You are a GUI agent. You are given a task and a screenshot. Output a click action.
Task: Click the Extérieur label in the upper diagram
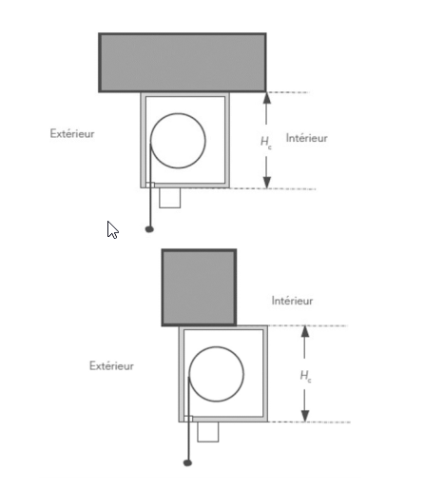72,133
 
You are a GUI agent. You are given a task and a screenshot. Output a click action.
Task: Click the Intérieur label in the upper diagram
306,138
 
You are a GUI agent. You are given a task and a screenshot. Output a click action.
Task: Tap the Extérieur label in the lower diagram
111,365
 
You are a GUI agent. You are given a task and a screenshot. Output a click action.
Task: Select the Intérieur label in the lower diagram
292,301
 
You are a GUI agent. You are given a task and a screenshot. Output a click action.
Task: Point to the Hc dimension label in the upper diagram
266,142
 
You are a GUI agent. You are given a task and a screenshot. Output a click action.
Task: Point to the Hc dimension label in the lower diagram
305,376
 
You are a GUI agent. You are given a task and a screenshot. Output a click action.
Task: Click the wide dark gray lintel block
183,63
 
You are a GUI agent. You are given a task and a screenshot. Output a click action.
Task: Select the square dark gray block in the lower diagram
199,287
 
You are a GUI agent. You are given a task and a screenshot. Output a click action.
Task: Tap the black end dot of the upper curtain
149,229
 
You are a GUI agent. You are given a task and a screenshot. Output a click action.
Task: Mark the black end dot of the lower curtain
187,463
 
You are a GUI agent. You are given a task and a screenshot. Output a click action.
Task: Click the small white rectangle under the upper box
170,198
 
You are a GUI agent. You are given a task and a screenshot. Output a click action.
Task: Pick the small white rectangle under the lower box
208,432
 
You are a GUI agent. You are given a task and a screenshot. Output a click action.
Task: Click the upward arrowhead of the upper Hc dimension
267,98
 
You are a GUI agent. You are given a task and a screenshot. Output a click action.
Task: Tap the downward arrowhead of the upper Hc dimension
267,183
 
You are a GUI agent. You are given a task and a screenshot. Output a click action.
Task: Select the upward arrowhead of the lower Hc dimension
305,331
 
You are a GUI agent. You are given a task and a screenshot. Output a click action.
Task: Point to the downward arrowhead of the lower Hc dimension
305,416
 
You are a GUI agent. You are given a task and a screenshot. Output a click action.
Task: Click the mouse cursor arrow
112,229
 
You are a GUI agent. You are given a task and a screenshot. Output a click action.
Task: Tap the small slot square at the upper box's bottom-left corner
150,185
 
